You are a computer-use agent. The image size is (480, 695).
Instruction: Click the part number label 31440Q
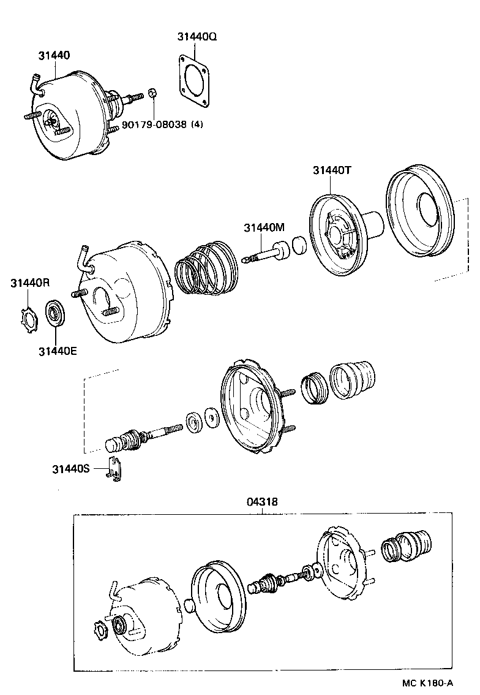[x=197, y=36]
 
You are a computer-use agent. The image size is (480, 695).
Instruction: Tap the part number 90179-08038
[x=154, y=124]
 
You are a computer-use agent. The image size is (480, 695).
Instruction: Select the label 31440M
[x=264, y=227]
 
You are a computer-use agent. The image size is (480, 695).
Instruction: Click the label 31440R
[x=30, y=283]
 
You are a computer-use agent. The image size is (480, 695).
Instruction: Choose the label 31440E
[x=58, y=351]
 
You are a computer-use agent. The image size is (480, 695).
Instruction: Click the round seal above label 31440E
[x=56, y=314]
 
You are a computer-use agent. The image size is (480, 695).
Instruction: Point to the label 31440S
[x=70, y=469]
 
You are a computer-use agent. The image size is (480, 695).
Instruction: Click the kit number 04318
[x=263, y=501]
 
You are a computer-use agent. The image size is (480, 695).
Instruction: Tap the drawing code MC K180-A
[x=428, y=683]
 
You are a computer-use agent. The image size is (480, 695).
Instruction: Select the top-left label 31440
[x=53, y=55]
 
